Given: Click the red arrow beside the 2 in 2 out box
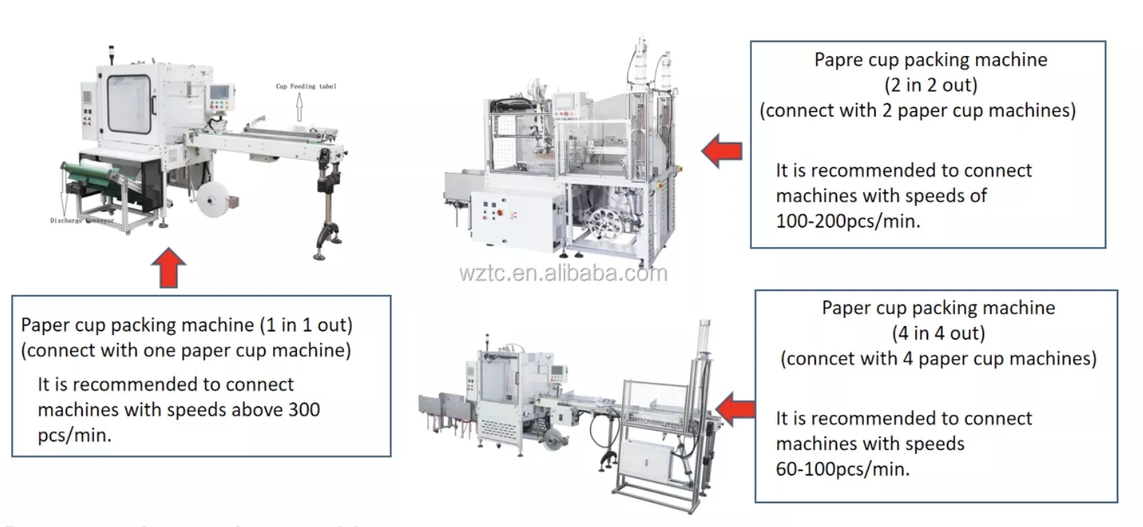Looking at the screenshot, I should tap(721, 152).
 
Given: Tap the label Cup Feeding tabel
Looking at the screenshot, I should tap(306, 87).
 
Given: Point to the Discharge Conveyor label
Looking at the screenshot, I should tap(82, 221).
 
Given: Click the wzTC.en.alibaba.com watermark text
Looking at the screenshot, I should tap(563, 273).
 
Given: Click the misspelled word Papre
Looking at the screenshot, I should tap(839, 60).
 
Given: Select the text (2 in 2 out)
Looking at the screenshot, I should tap(930, 85).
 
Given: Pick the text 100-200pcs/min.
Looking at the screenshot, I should tap(848, 221).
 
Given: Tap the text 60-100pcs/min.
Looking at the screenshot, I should tap(843, 470).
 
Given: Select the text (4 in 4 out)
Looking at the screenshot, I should tap(939, 333).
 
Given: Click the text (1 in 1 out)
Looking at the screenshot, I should tap(306, 325).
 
